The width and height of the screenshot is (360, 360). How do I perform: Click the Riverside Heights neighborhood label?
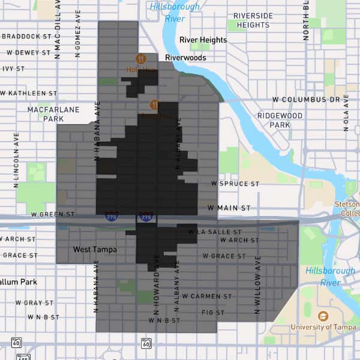coord(253,20)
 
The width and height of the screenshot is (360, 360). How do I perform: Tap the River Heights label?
coord(203,40)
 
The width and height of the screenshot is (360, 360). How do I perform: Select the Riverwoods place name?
coord(186,58)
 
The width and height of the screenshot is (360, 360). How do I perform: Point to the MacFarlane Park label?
coord(46,114)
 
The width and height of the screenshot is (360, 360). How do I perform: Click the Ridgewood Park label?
coord(280,120)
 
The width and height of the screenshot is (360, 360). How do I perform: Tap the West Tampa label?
coord(95,249)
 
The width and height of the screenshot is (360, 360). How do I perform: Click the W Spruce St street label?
coord(235,184)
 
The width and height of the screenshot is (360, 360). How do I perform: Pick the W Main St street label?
coord(229,208)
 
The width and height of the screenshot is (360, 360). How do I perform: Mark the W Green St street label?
coord(53,214)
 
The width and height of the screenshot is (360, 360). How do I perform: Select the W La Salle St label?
coord(214,232)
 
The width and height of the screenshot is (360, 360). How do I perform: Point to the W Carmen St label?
coord(207,296)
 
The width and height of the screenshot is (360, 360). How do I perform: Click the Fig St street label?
coord(212,313)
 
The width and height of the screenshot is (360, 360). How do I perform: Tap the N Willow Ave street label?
coord(259,285)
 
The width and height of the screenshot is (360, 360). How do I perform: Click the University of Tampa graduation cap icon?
coord(323,316)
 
